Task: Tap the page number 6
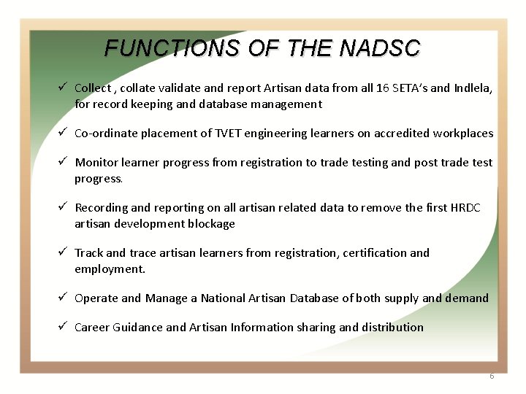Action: point(492,376)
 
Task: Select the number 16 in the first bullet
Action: point(383,88)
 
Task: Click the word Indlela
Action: point(472,88)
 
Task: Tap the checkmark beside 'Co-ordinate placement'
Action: point(64,133)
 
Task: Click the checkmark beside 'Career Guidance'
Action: point(64,327)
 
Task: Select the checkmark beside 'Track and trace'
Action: point(64,252)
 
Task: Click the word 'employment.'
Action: point(110,269)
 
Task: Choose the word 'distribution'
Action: point(392,328)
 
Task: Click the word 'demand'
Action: point(467,298)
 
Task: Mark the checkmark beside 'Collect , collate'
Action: point(64,88)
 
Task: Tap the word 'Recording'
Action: point(102,208)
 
